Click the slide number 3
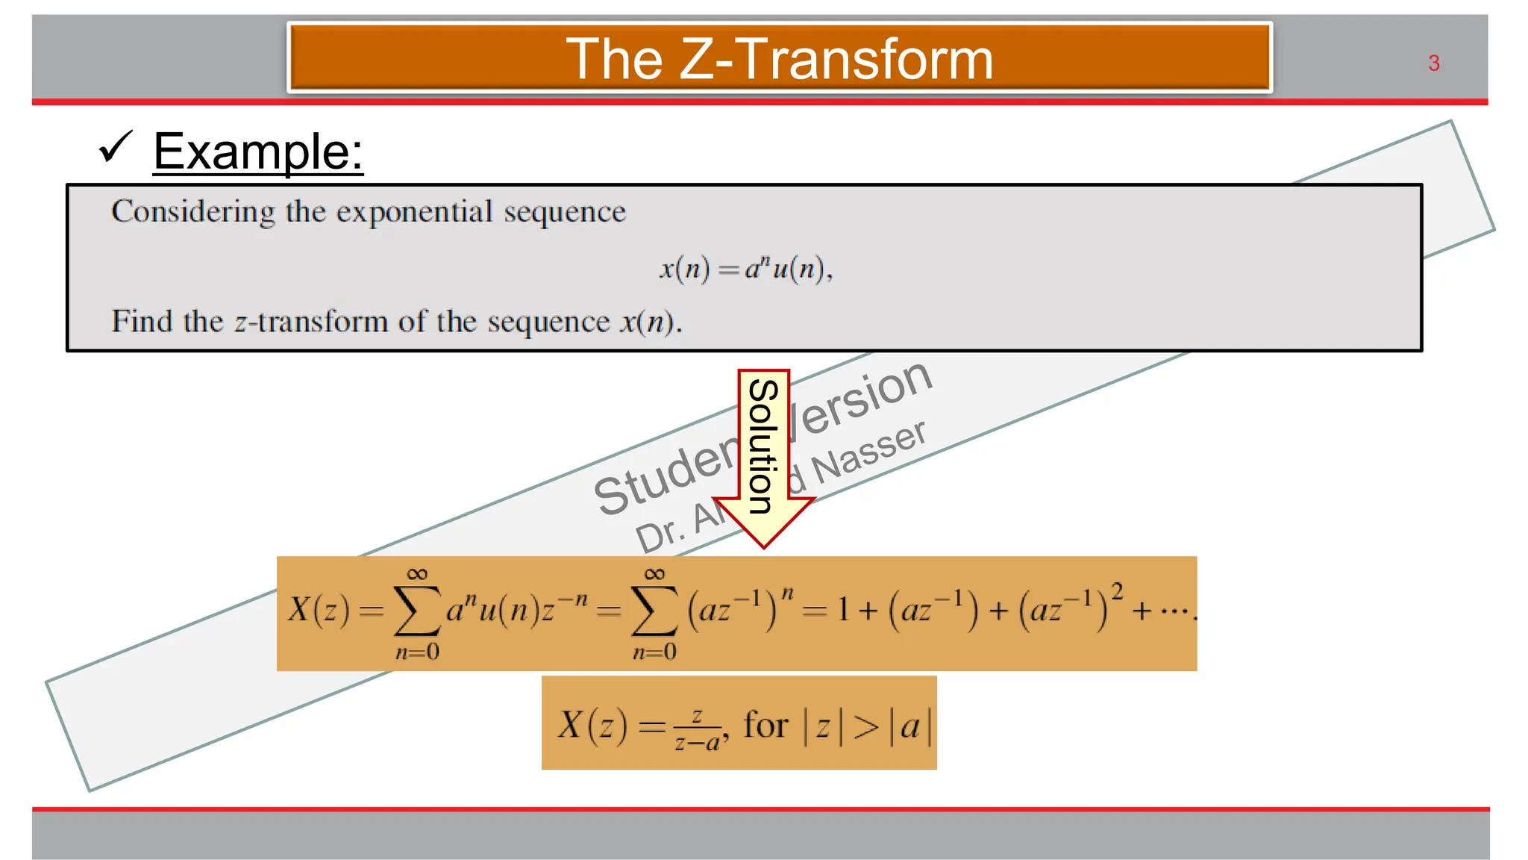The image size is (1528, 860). [1433, 63]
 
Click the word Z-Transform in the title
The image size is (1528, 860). [836, 59]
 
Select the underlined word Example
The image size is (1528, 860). [257, 152]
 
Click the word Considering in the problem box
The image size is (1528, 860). [193, 212]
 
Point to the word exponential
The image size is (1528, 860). [414, 212]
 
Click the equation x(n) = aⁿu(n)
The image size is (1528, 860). [745, 268]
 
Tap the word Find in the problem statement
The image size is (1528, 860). [142, 322]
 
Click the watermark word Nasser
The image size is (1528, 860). [869, 452]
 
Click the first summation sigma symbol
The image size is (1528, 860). [416, 611]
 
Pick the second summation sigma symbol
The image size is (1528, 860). [654, 611]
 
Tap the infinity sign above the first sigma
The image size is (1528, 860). [417, 574]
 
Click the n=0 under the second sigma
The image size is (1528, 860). [654, 652]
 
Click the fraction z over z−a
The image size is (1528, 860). [698, 729]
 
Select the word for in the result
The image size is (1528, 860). [765, 725]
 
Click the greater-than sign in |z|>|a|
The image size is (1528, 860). [865, 726]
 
